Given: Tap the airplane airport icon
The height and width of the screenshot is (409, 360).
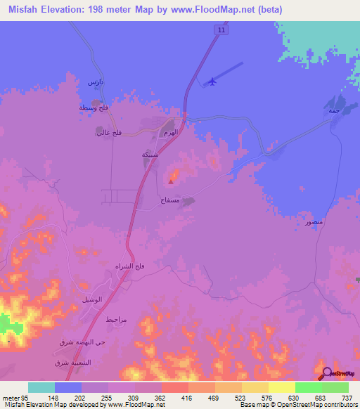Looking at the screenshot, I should [x=210, y=82].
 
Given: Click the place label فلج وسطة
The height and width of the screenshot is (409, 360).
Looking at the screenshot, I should [x=94, y=108].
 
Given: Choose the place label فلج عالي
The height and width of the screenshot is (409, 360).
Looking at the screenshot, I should [x=109, y=132].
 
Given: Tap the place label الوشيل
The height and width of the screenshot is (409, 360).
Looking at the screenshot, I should [x=91, y=299].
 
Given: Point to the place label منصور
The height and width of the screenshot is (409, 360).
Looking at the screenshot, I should [x=314, y=222].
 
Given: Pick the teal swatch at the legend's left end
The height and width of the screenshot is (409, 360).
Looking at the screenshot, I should [x=41, y=387].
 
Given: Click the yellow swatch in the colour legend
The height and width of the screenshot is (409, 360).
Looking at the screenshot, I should [x=281, y=387].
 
